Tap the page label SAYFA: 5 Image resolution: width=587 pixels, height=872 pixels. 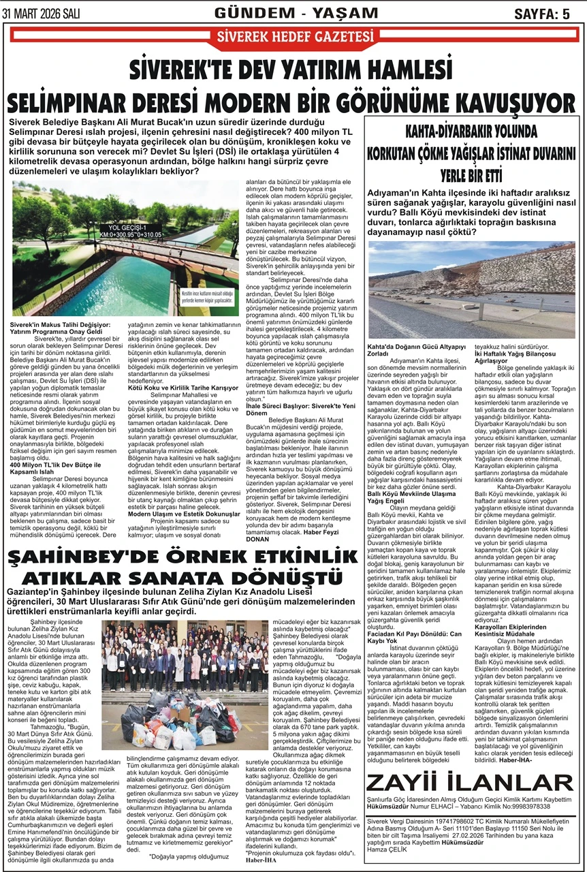(542, 14)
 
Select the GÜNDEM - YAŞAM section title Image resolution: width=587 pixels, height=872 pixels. (295, 13)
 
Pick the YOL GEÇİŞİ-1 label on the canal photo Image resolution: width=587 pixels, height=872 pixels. (133, 228)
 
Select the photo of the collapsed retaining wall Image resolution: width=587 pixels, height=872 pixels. (471, 290)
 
